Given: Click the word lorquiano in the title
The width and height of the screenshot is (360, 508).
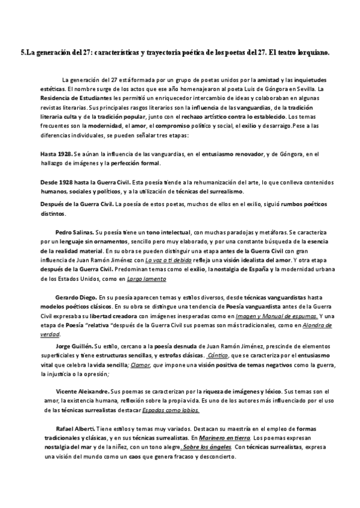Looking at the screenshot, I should [x=312, y=53].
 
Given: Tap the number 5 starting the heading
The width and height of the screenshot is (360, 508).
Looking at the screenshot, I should [x=23, y=53].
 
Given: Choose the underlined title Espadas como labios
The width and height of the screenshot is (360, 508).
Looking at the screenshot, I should [x=171, y=409].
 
